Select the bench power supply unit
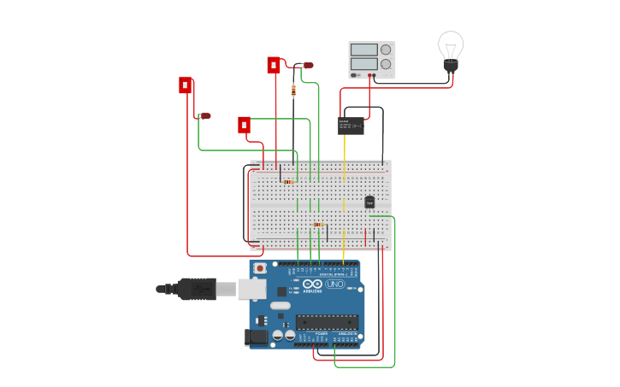371,60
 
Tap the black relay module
351,126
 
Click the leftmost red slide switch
185,85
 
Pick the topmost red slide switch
274,65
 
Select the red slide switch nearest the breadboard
245,125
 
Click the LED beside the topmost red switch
307,65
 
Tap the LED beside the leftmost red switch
204,115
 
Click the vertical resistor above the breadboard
293,91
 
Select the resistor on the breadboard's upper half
287,181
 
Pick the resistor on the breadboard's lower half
317,225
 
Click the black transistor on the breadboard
369,202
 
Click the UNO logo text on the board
334,284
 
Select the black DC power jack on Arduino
257,337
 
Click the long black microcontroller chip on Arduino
327,321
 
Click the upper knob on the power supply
386,50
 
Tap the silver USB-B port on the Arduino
251,289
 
